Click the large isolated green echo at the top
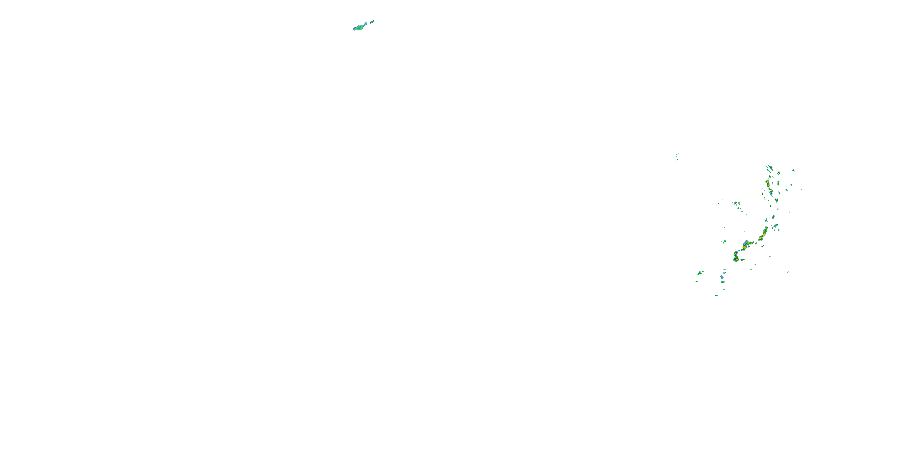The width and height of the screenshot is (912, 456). [x=361, y=26]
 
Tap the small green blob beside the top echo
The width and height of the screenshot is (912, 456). [x=371, y=22]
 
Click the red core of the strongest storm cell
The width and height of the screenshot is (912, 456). [x=744, y=247]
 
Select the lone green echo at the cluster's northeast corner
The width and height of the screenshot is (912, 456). [x=793, y=170]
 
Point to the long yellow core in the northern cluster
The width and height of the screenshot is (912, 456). [x=767, y=183]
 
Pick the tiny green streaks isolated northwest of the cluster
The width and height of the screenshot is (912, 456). [x=677, y=157]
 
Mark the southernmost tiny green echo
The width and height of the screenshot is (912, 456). [x=716, y=295]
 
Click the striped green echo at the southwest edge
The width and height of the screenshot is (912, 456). [x=700, y=273]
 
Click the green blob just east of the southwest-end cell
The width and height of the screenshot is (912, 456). [x=742, y=260]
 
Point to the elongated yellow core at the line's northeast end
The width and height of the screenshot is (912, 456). [x=764, y=234]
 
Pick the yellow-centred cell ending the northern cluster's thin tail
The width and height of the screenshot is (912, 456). [x=776, y=200]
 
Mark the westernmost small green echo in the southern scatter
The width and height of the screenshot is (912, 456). [x=696, y=282]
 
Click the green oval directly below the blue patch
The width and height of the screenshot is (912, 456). [x=723, y=282]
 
